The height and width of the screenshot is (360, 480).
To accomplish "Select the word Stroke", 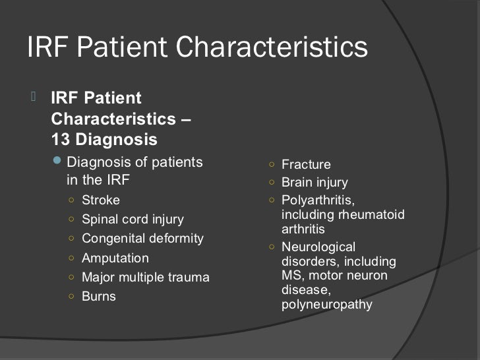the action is pyautogui.click(x=101, y=200).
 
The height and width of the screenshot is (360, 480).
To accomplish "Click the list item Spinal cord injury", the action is pyautogui.click(x=133, y=219).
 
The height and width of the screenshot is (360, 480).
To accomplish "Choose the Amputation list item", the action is pyautogui.click(x=115, y=258).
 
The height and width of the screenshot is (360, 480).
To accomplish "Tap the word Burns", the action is pyautogui.click(x=98, y=296).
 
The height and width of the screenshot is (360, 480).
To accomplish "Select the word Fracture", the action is pyautogui.click(x=306, y=165).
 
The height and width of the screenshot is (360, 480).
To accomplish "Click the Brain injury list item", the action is pyautogui.click(x=315, y=183).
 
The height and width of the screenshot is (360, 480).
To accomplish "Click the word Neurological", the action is pyautogui.click(x=318, y=247).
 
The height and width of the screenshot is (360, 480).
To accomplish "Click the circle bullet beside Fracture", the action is pyautogui.click(x=271, y=165).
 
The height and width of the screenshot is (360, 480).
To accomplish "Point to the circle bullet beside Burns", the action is pyautogui.click(x=71, y=296).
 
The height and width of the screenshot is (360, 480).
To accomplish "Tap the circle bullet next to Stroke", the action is pyautogui.click(x=71, y=200).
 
